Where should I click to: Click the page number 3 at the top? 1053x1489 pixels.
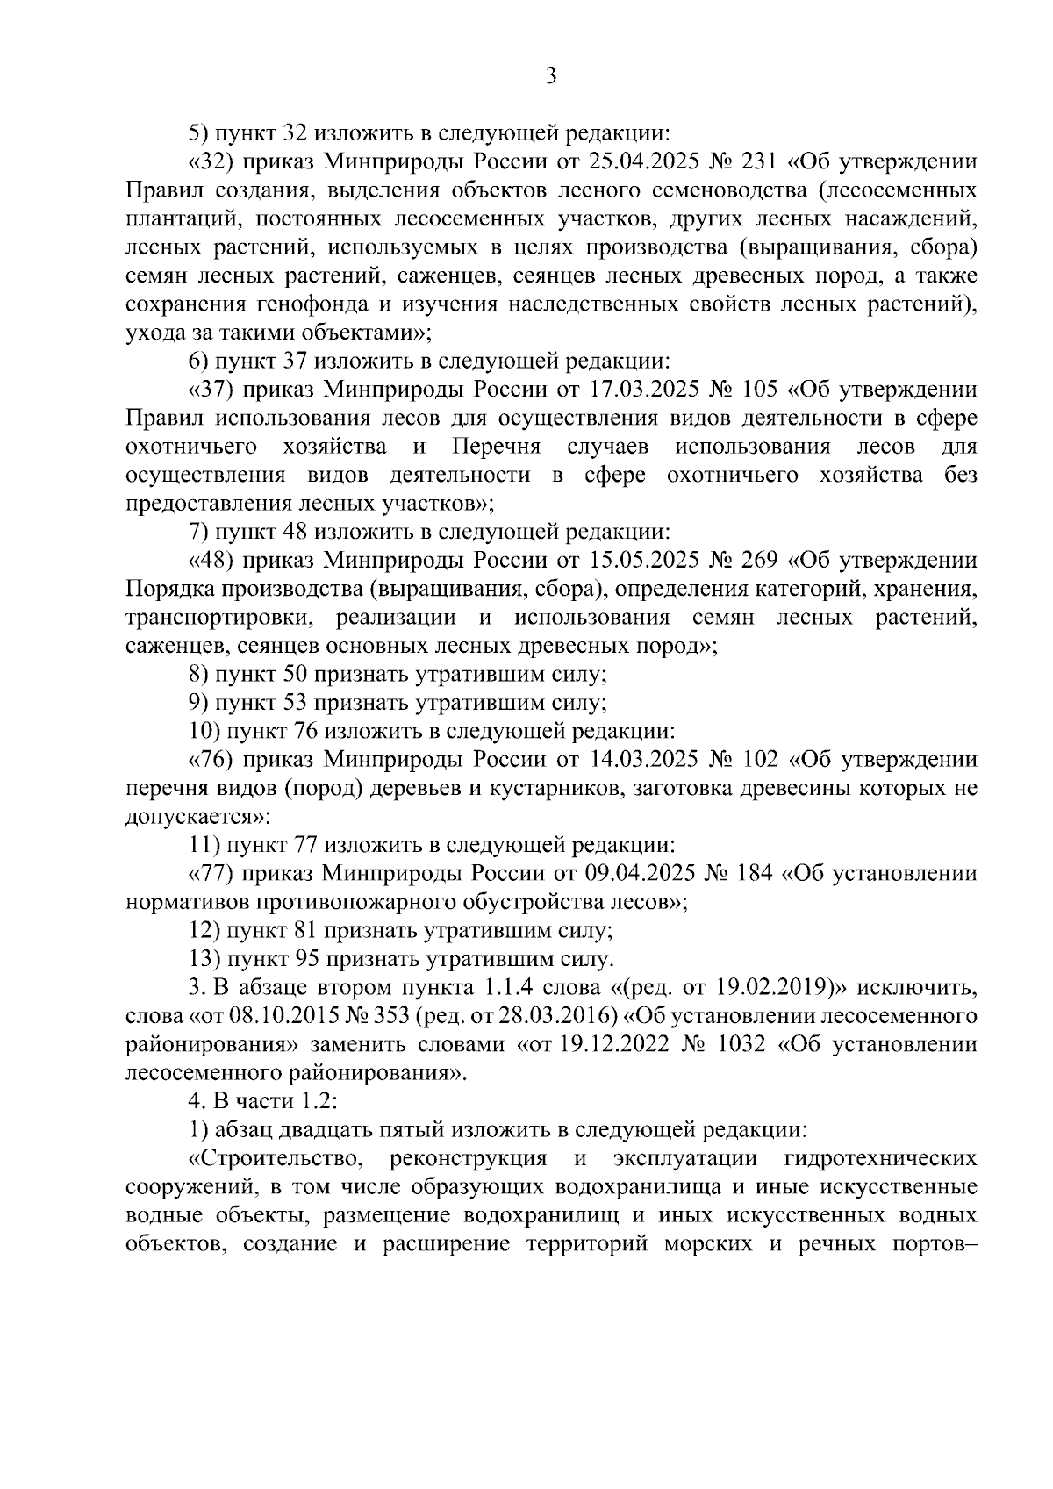tap(550, 76)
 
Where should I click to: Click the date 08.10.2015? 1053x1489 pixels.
tap(278, 1016)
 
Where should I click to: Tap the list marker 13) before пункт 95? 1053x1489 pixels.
tap(205, 958)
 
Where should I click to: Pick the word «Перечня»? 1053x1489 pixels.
tap(497, 447)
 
